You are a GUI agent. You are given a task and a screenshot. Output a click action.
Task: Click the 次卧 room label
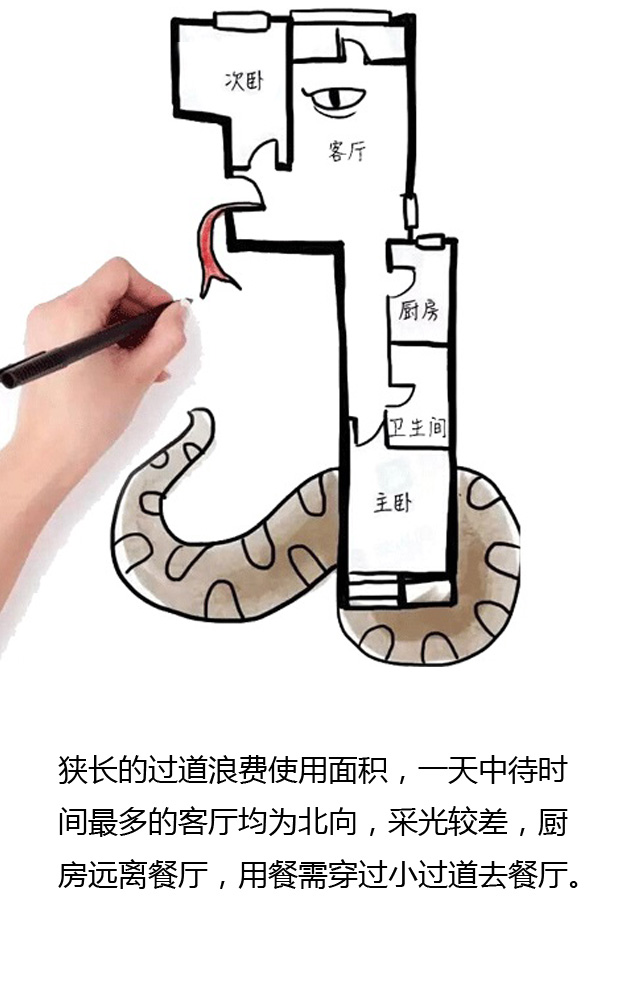(244, 81)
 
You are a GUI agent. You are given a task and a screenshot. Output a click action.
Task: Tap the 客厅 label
(347, 151)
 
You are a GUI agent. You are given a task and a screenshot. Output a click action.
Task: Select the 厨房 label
(419, 312)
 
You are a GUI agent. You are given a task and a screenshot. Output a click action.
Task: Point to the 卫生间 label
(418, 425)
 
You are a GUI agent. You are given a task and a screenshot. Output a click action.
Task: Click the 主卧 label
(393, 503)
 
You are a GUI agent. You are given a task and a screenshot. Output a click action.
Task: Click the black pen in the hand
(86, 344)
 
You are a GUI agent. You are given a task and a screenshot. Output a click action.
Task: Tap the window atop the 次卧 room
(242, 20)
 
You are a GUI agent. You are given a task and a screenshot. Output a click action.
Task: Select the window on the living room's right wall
(411, 212)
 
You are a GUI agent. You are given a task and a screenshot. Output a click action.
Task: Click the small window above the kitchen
(429, 241)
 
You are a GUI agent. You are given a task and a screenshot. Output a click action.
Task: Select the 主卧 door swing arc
(366, 431)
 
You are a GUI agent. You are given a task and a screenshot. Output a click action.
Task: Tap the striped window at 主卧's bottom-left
(374, 589)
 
